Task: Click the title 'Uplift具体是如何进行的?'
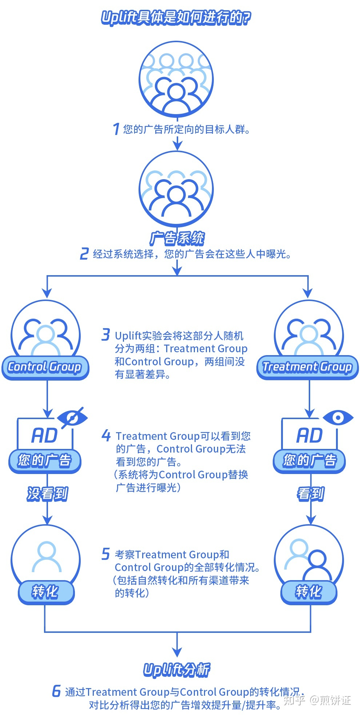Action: [x=176, y=18]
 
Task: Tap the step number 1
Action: [x=116, y=129]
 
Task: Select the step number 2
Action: [x=84, y=253]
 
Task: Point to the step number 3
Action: [x=105, y=334]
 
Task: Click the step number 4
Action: [x=106, y=435]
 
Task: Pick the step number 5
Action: [x=105, y=554]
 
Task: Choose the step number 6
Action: [x=56, y=691]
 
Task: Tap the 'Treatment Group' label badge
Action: [x=308, y=367]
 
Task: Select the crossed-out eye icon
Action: [x=72, y=418]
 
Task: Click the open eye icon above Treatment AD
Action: [x=338, y=418]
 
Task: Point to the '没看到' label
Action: [x=47, y=494]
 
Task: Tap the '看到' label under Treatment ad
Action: [x=310, y=494]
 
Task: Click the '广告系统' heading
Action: [x=177, y=238]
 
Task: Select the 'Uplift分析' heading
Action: [x=177, y=670]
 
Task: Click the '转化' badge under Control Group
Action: [x=45, y=592]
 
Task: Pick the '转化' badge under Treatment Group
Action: [x=309, y=592]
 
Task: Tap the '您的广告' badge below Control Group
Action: [x=45, y=461]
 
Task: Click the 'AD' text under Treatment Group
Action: [x=309, y=435]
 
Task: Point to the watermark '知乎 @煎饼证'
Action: [x=317, y=700]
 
